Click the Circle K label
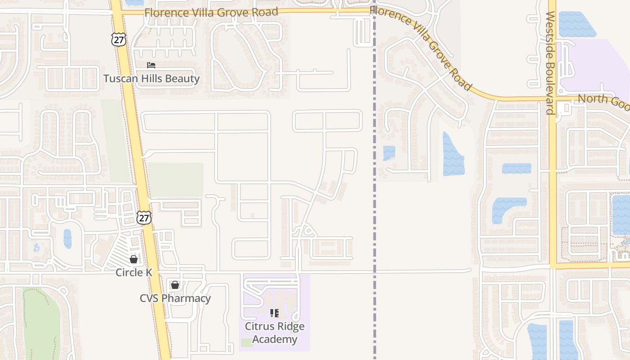[x=134, y=273]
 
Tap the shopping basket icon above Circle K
[x=134, y=259]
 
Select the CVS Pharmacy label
[x=175, y=298]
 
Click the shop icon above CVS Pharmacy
[x=175, y=285]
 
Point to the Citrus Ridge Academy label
[x=274, y=333]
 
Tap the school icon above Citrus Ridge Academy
[x=274, y=313]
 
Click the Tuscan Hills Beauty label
[x=151, y=79]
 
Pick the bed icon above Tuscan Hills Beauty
[x=151, y=65]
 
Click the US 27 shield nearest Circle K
[x=144, y=218]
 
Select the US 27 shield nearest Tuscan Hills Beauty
[x=119, y=39]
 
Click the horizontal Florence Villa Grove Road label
[x=211, y=12]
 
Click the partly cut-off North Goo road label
[x=603, y=100]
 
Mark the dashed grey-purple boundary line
[x=374, y=225]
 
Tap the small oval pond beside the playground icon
[x=67, y=238]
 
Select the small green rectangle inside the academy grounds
[x=246, y=342]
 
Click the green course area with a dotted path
[x=40, y=324]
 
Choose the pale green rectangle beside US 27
[x=175, y=180]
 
